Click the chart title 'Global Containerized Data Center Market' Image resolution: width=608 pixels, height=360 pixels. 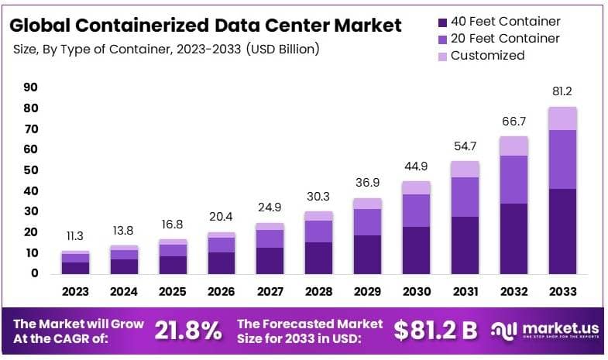click(205, 25)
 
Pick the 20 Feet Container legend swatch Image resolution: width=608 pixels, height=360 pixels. click(441, 39)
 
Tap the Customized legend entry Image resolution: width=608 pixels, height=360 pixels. click(487, 56)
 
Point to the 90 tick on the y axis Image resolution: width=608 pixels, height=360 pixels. click(30, 87)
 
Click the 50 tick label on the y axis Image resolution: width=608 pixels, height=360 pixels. click(30, 170)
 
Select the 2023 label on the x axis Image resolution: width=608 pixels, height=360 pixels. click(76, 292)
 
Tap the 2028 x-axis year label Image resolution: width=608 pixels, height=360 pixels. click(318, 292)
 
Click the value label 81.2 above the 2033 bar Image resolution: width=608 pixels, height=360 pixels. click(562, 91)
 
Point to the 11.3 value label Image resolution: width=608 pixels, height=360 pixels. click(76, 236)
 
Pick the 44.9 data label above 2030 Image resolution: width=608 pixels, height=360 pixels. click(416, 166)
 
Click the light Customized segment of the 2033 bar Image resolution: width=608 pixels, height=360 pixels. click(562, 118)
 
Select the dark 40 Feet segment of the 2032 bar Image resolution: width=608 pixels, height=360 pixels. click(514, 238)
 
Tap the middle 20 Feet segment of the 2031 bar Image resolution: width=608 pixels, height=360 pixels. click(465, 197)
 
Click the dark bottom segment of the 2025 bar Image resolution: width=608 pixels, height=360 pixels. click(173, 265)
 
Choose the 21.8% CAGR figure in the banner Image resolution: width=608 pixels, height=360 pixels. click(187, 331)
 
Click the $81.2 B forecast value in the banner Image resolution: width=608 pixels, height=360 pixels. click(435, 331)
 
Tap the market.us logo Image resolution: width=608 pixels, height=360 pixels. click(546, 331)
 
